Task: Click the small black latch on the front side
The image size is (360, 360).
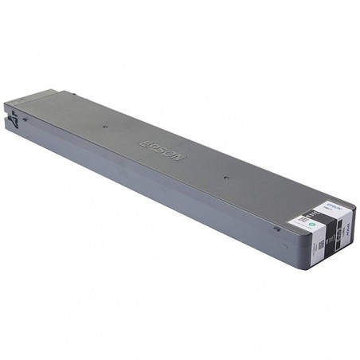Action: (276, 228)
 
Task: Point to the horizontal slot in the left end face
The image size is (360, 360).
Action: (16, 107)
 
